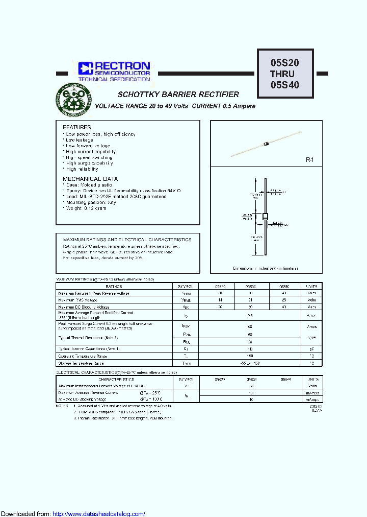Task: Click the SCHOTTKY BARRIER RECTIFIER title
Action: [x=178, y=95]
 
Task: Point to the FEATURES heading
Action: [x=76, y=127]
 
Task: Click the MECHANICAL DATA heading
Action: [x=90, y=179]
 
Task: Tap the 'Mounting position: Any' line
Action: [x=90, y=202]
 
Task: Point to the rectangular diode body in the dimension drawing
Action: [x=265, y=217]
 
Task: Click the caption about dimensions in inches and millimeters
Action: [x=266, y=268]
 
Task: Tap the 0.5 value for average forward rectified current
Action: [x=250, y=316]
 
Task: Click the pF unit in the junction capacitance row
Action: [x=312, y=349]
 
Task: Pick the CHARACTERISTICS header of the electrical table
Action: [x=117, y=380]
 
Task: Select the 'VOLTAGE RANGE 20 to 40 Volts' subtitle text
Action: [x=143, y=106]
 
